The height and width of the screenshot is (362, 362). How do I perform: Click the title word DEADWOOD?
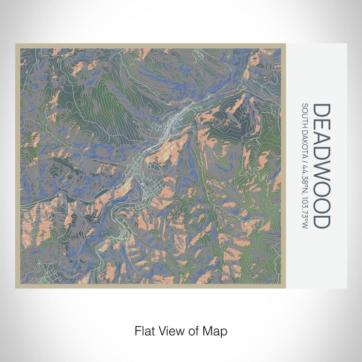pyautogui.click(x=322, y=165)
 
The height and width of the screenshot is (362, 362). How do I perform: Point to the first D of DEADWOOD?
pyautogui.click(x=322, y=110)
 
